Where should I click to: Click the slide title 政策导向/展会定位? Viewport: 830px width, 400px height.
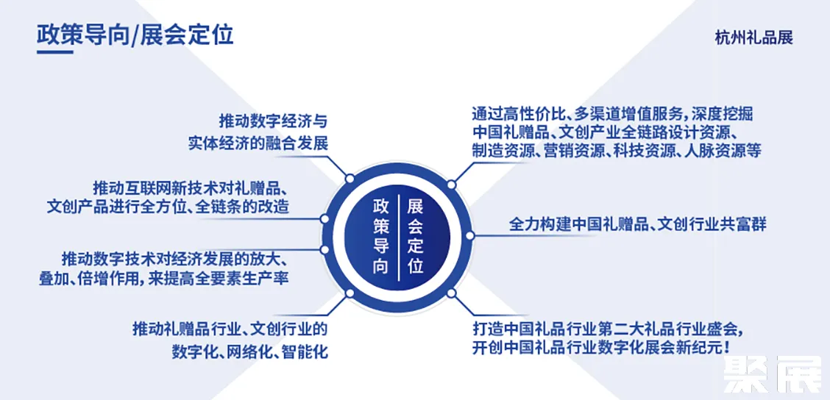[135, 35]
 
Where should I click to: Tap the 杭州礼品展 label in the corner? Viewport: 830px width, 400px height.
[753, 37]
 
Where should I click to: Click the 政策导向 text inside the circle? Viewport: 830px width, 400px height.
[380, 235]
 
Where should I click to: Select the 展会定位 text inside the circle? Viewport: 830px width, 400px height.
[415, 235]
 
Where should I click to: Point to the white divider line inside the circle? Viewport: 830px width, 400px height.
[397, 236]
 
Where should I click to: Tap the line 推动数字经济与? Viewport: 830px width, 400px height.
[273, 120]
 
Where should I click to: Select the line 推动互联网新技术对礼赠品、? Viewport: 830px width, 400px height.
[194, 185]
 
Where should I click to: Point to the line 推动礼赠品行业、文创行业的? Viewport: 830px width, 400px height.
[230, 328]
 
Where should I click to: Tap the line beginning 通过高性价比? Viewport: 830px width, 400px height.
[612, 114]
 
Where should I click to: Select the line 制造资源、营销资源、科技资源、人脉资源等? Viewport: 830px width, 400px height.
[616, 151]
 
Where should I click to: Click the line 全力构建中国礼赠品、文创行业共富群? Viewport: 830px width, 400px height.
[637, 224]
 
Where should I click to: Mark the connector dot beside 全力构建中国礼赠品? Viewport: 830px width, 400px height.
[472, 235]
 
